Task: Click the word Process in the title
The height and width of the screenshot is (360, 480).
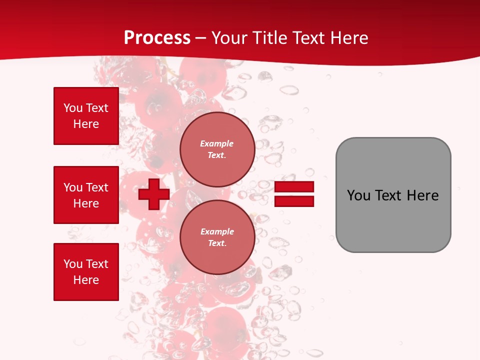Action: (157, 38)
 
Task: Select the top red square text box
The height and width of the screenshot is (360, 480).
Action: (86, 116)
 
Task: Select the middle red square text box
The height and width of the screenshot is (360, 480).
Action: (86, 195)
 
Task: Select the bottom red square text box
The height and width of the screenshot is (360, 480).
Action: (86, 272)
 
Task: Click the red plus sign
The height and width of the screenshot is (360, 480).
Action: (154, 194)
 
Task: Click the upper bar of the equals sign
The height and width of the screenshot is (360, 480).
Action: (294, 187)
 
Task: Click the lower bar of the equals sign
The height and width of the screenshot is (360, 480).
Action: (294, 201)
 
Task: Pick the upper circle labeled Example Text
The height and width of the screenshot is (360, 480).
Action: (217, 149)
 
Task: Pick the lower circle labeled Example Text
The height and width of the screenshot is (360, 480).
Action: (217, 237)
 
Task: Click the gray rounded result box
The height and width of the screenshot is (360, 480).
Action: (393, 220)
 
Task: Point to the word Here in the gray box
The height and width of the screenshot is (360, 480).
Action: (422, 195)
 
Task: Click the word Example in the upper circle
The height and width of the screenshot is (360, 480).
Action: (217, 143)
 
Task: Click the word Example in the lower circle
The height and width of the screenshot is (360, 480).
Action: (217, 231)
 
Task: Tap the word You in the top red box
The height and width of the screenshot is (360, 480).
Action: (73, 108)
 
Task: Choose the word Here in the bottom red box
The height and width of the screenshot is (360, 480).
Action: (86, 280)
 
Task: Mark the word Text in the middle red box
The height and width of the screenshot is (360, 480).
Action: (97, 187)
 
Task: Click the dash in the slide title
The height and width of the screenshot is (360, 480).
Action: (200, 38)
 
